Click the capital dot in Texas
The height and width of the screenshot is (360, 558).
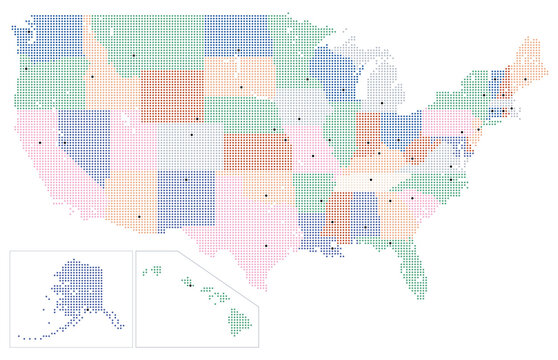coord(267,245)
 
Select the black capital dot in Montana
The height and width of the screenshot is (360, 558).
coord(131,54)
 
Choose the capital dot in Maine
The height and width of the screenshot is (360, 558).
coord(525,78)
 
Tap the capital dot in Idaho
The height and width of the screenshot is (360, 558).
coord(91,76)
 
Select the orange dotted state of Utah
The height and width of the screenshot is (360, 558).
coord(130,140)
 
